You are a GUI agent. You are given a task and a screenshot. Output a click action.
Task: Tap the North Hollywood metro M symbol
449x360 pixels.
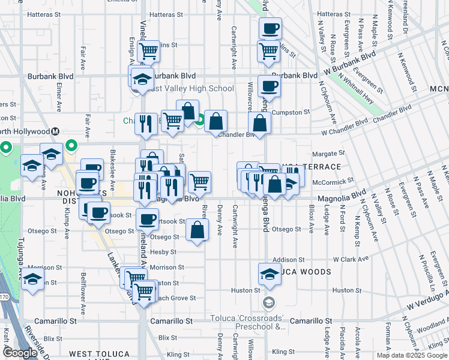55,131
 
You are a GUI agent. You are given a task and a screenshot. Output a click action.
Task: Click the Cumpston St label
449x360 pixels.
291,112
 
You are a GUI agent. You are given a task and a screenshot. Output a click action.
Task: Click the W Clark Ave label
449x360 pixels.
348,260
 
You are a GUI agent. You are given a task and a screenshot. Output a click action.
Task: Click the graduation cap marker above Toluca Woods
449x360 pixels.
270,273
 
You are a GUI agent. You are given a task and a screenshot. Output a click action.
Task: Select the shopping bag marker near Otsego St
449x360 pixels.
197,229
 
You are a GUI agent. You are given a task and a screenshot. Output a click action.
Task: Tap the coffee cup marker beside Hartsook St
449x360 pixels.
148,218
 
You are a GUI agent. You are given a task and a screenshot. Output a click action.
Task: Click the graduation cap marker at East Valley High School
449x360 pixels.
142,79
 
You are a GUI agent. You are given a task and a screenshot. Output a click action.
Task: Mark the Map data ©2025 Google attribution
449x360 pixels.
411,355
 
